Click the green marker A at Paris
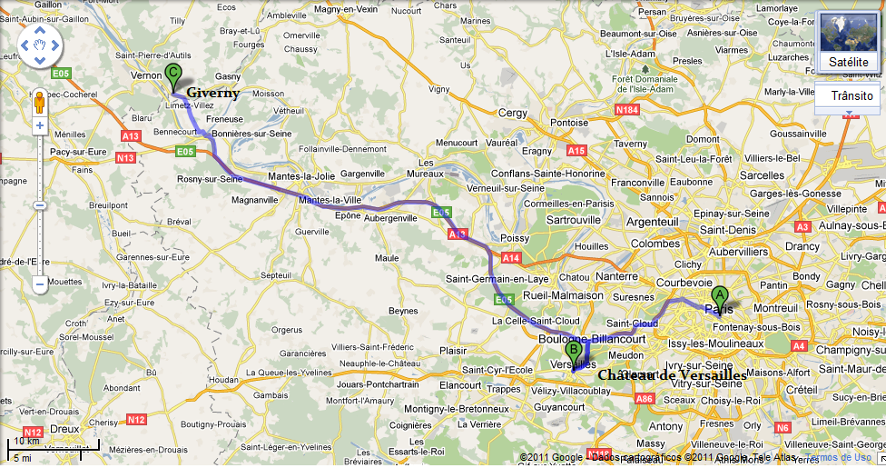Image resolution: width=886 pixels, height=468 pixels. tap(719, 296)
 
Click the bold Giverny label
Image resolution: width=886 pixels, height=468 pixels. tap(213, 93)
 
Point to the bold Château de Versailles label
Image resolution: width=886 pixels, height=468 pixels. tap(672, 374)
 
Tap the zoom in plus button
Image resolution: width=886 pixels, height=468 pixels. tap(40, 126)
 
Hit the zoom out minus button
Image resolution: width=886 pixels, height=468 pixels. tap(40, 284)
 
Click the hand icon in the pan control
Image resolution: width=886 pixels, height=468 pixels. tap(40, 45)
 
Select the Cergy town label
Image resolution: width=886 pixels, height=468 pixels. tap(513, 113)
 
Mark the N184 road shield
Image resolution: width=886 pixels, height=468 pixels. tap(628, 110)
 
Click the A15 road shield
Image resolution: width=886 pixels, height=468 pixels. tap(576, 150)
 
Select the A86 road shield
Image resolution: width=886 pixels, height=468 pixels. tap(645, 398)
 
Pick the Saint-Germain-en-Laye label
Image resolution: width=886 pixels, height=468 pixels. tap(497, 278)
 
